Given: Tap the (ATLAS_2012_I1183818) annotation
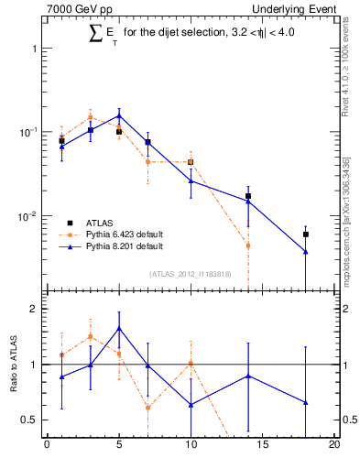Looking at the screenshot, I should (190, 274).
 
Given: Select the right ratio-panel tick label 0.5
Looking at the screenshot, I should (348, 420).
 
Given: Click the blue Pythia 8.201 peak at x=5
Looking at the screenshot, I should (119, 116).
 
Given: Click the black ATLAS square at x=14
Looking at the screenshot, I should (248, 196).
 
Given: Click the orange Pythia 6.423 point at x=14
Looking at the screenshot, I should (248, 245).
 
